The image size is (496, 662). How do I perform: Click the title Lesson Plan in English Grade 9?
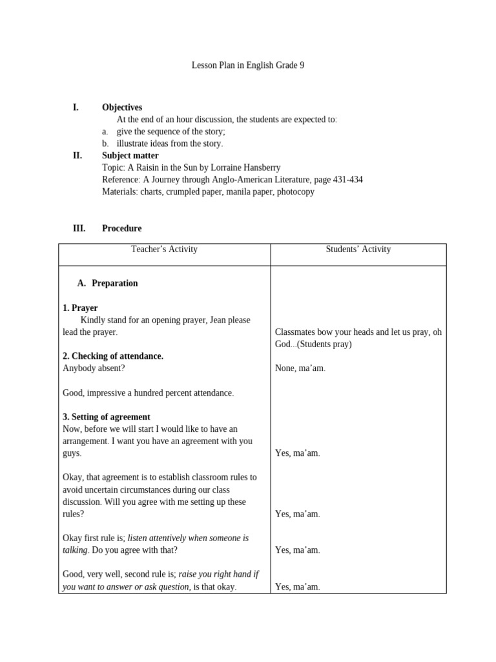point(248,65)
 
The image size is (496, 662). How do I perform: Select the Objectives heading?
point(122,107)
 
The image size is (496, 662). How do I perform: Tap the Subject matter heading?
point(130,156)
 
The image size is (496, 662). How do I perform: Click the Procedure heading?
point(121,228)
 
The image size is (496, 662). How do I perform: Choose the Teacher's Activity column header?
point(164,249)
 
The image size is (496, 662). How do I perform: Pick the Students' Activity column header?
point(358,249)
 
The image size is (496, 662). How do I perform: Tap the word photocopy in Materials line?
point(296,192)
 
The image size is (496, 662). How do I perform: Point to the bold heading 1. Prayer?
point(80,308)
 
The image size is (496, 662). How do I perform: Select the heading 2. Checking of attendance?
point(113,356)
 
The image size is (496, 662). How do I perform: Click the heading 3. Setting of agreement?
point(107,417)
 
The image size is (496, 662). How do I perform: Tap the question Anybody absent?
point(94,368)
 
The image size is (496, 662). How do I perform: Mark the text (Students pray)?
point(322,344)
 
